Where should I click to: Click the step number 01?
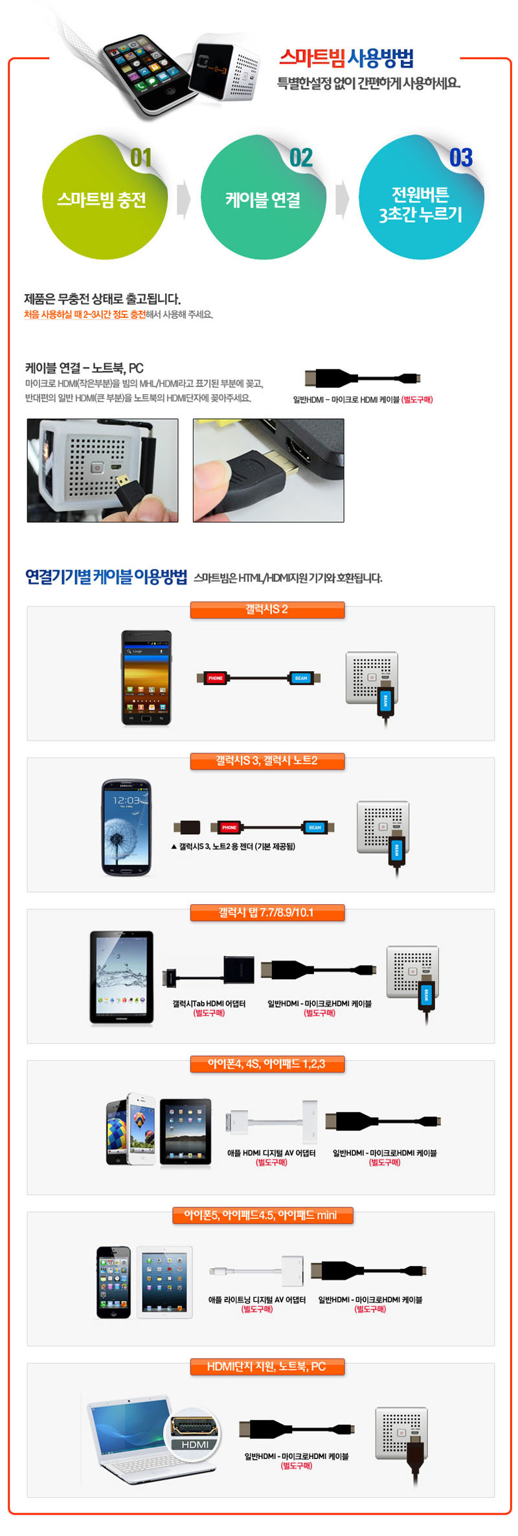click(x=141, y=157)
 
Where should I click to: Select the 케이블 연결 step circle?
click(x=263, y=198)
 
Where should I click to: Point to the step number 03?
click(x=461, y=157)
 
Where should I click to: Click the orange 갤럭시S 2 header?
click(x=267, y=610)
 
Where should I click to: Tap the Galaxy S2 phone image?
click(x=147, y=677)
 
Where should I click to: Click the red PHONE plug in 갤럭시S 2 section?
click(x=215, y=678)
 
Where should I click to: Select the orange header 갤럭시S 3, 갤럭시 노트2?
click(x=267, y=761)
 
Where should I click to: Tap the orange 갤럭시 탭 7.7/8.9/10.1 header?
click(x=267, y=913)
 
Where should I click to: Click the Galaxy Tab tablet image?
click(x=122, y=977)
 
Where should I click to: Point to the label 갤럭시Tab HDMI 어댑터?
click(x=208, y=1003)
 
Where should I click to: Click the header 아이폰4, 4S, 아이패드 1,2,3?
click(x=267, y=1064)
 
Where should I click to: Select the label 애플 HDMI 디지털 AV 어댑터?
click(x=271, y=1153)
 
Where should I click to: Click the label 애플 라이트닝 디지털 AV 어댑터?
click(x=257, y=1300)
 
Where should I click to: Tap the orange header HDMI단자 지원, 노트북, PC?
click(x=267, y=1366)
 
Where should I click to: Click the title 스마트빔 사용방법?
click(x=346, y=59)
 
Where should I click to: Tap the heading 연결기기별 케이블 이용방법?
click(x=106, y=576)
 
